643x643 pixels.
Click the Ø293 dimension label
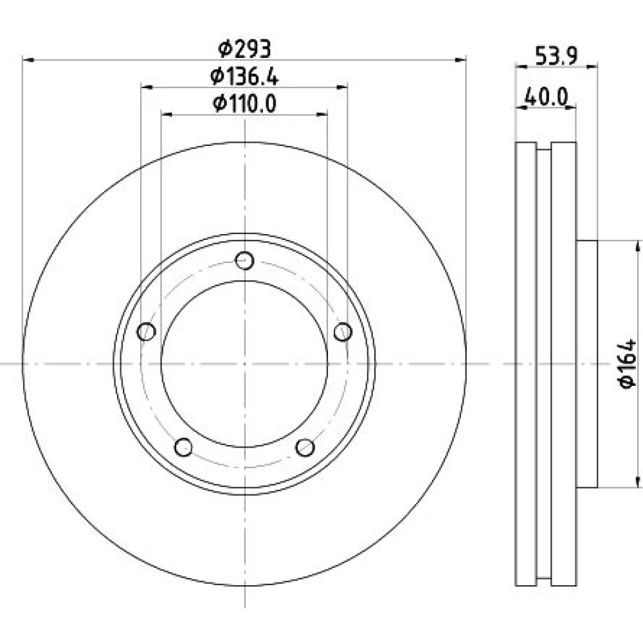[244, 50]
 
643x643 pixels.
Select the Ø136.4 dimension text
[244, 77]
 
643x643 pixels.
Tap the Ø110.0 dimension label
[244, 104]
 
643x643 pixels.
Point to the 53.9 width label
[556, 56]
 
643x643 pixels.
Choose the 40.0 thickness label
[546, 97]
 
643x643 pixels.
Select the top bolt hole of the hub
[245, 260]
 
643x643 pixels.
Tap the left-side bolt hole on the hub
[147, 331]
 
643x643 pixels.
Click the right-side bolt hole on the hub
[343, 331]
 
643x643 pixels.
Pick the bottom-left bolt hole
[183, 447]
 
